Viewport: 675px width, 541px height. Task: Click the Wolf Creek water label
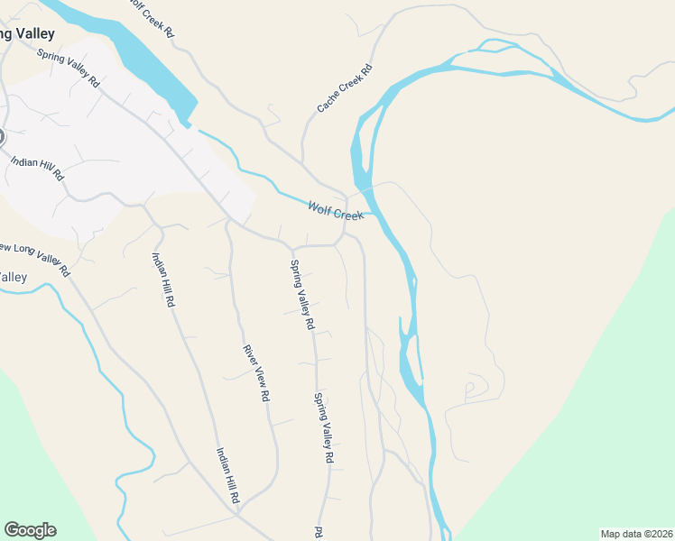(335, 211)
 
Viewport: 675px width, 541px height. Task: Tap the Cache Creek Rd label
(345, 88)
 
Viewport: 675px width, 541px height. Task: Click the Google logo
(30, 530)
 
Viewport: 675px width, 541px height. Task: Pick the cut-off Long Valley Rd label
(34, 258)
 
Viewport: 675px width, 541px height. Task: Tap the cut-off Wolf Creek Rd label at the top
(151, 16)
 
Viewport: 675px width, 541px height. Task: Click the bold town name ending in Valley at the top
(27, 34)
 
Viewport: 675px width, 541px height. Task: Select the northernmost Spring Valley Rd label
(69, 67)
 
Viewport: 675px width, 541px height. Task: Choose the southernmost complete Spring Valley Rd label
(324, 428)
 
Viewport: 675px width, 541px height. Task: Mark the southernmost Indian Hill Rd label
(227, 475)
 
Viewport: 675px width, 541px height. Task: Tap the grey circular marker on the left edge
(1, 137)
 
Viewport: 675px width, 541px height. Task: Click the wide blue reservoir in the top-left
(135, 59)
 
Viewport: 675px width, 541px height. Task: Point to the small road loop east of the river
(470, 389)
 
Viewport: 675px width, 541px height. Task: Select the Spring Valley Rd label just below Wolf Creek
(301, 294)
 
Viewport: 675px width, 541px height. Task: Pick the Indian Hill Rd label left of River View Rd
(163, 280)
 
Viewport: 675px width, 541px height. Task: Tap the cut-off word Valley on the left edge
(14, 277)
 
